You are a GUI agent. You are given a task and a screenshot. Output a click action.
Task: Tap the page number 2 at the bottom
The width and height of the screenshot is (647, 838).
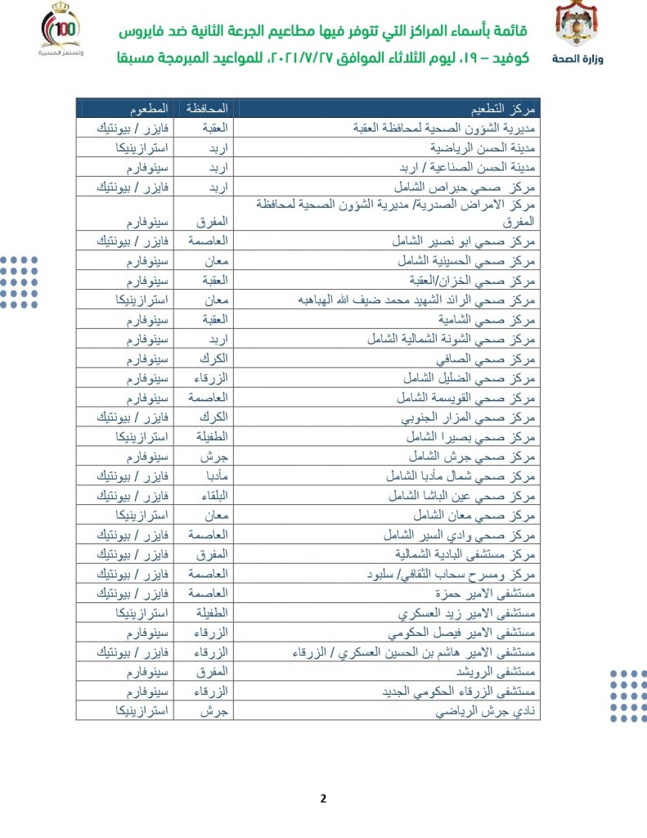click(323, 799)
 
